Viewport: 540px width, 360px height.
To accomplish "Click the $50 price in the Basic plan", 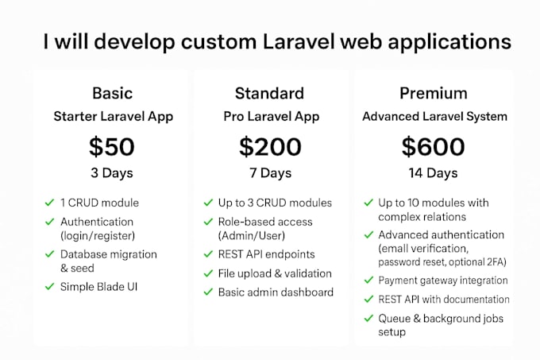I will click(x=112, y=147).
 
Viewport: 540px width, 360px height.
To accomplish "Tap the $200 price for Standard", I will click(x=270, y=147).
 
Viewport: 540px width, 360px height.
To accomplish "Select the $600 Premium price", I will click(x=433, y=147).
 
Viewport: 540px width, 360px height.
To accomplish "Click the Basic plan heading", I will click(x=112, y=93).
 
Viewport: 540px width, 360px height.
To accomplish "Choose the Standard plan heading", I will click(x=269, y=93).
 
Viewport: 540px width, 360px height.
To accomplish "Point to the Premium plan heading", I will click(x=433, y=93).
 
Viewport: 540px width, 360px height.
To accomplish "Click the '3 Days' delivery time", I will click(x=112, y=173).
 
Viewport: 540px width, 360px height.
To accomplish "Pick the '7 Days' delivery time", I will click(x=270, y=173).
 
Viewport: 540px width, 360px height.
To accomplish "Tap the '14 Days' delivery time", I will click(x=433, y=173).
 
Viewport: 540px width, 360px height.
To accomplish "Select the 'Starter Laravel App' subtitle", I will click(x=113, y=117).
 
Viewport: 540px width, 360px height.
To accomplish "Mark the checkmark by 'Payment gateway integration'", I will click(x=368, y=281).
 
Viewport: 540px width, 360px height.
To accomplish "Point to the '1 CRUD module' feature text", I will click(x=99, y=203).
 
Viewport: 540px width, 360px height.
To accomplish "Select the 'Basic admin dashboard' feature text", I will click(x=276, y=292).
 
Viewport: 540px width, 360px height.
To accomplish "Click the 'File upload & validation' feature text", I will click(x=275, y=273).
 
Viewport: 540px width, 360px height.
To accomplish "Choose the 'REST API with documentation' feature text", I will click(x=443, y=300).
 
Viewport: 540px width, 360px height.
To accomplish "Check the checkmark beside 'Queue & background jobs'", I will click(x=368, y=319).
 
